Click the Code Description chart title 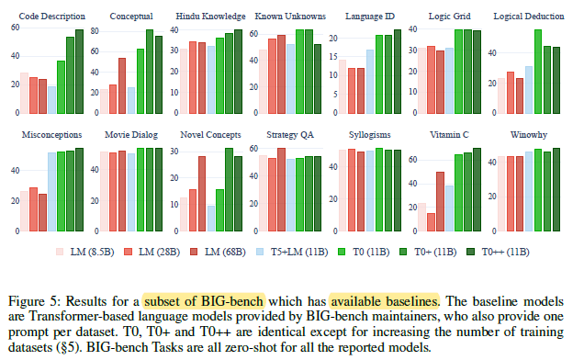tap(51, 17)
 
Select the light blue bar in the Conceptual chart tap(131, 100)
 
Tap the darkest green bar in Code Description tap(79, 72)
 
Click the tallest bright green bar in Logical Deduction tap(538, 72)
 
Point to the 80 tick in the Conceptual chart tap(95, 31)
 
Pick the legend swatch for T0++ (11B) tap(471, 252)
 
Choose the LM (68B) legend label tap(225, 252)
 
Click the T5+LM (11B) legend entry tap(292, 252)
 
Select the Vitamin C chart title tap(449, 134)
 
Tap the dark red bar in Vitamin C tap(440, 202)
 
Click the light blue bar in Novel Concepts tap(211, 219)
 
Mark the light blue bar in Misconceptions tap(51, 192)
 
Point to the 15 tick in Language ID tap(333, 57)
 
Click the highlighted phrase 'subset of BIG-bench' tap(204, 301)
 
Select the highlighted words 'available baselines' tap(384, 301)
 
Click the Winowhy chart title tap(529, 134)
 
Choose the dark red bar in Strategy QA tap(281, 190)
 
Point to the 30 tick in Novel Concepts tap(174, 152)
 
